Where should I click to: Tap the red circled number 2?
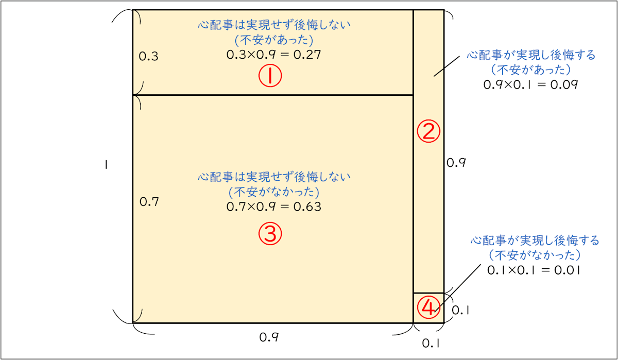click(428, 132)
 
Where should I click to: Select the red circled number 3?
click(270, 234)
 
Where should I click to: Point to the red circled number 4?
click(428, 307)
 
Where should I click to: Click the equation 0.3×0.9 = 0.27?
click(273, 55)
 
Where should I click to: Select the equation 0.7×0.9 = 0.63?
click(273, 207)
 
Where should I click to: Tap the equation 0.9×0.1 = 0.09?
click(530, 84)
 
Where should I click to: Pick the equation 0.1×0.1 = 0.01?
click(535, 269)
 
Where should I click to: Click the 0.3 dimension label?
click(149, 57)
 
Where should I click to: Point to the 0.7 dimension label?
click(149, 202)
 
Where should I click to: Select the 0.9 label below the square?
click(269, 337)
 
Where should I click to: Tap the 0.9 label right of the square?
click(456, 163)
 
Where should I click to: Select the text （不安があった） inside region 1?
click(273, 40)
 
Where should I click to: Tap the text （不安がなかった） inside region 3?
click(273, 192)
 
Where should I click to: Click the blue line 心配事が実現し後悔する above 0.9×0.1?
click(530, 55)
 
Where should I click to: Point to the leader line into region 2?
click(446, 66)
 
